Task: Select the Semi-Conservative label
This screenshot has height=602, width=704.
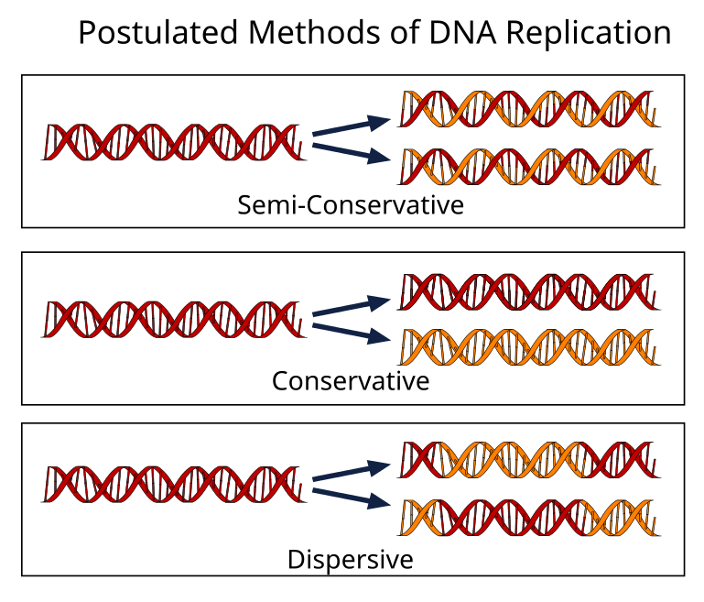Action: pyautogui.click(x=351, y=204)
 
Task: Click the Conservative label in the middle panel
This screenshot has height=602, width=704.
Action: pyautogui.click(x=351, y=379)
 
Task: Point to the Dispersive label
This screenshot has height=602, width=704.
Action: pyautogui.click(x=351, y=558)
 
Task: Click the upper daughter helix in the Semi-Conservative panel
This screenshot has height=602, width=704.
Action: pyautogui.click(x=529, y=109)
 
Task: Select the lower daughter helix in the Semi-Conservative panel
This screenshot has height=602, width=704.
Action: pyautogui.click(x=529, y=166)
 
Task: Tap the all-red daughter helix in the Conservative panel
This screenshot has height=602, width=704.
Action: pyautogui.click(x=529, y=290)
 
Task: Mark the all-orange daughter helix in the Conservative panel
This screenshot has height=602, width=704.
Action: pyautogui.click(x=529, y=346)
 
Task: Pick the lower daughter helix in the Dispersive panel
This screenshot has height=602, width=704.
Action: pyautogui.click(x=529, y=517)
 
